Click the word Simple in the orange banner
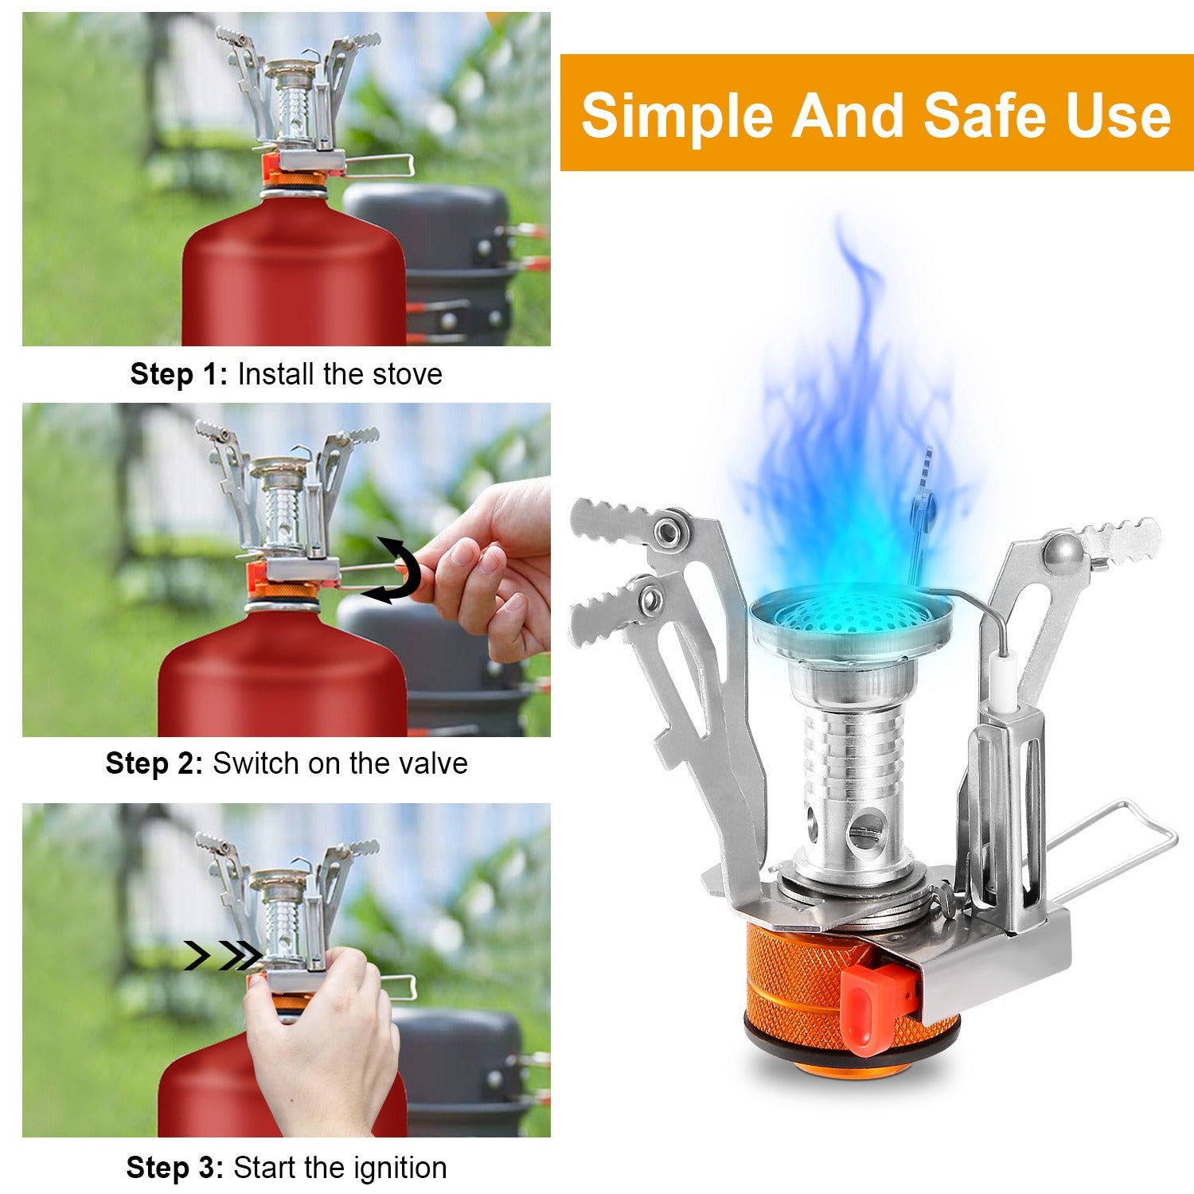coord(677,115)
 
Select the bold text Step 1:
coord(179,374)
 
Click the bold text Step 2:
coord(154,763)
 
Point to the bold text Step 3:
coord(175,1168)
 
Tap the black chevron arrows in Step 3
coord(222,955)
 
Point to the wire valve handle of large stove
coord(1114,844)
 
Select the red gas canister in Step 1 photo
coord(295,279)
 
